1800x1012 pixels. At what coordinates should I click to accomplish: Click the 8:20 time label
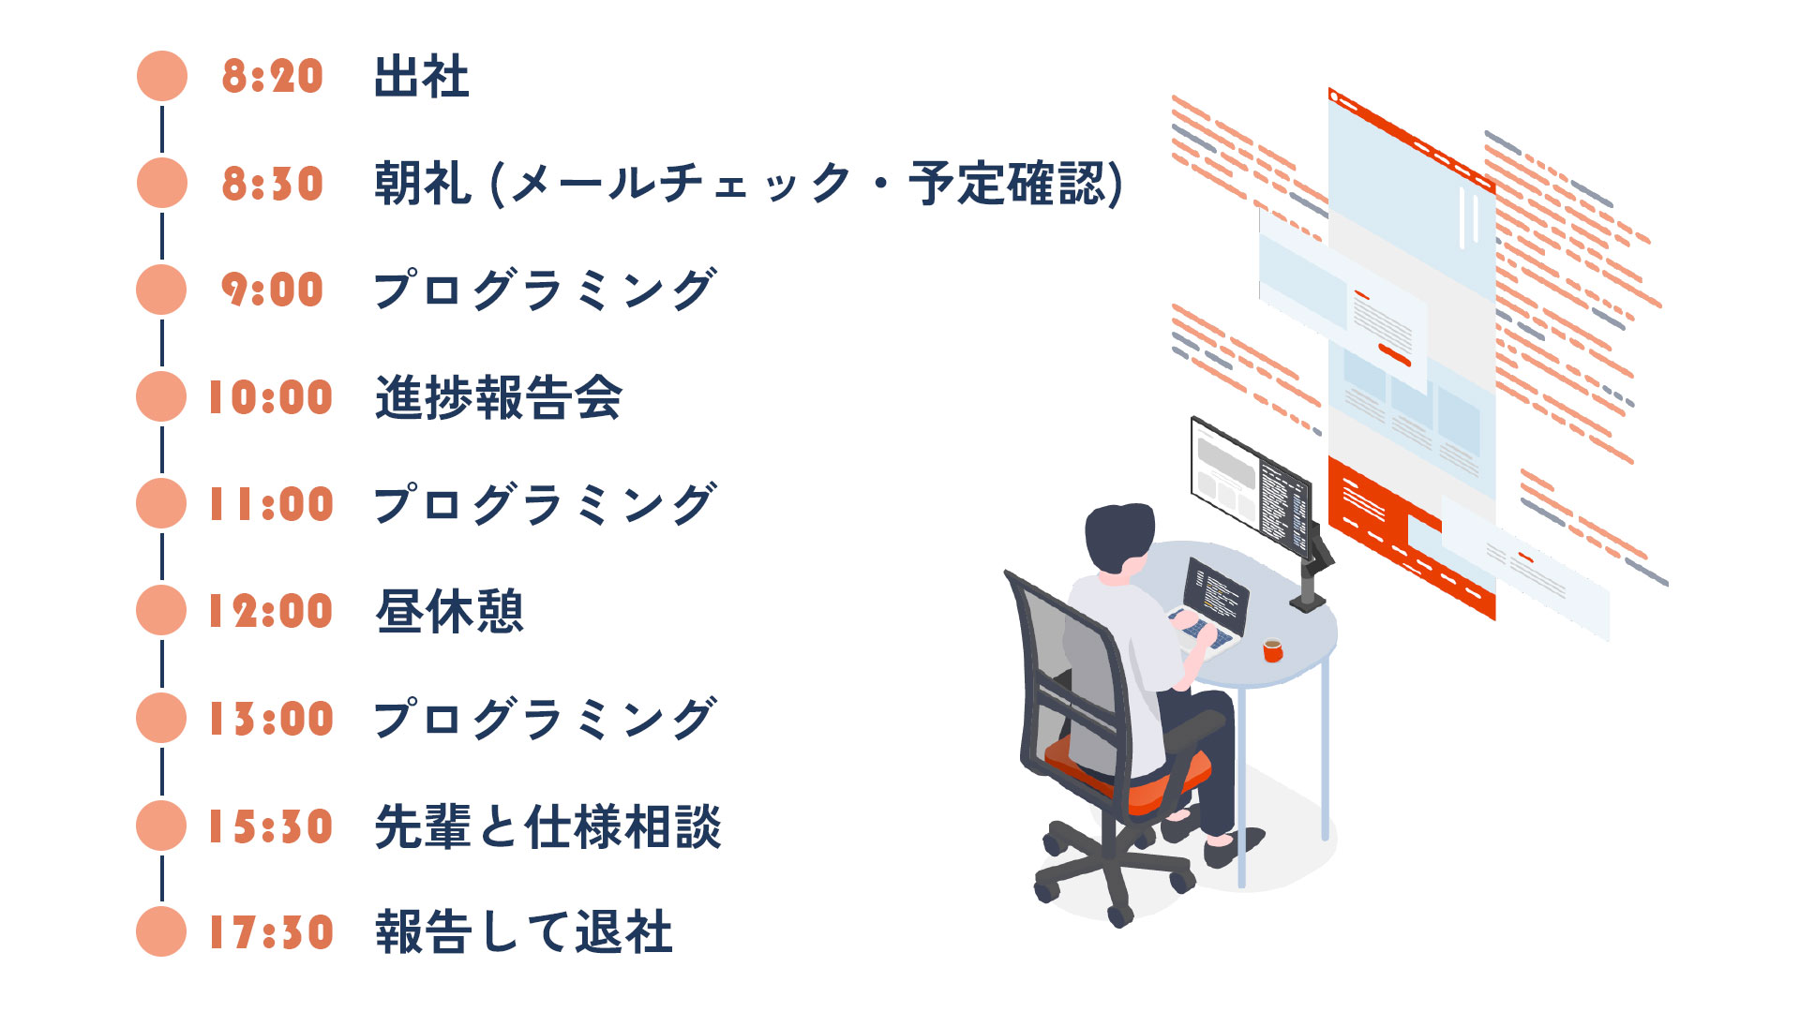coord(272,77)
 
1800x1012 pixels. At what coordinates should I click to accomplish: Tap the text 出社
coord(421,77)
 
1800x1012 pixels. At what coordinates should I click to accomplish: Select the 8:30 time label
coord(272,184)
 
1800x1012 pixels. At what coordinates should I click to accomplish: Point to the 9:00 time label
coord(272,290)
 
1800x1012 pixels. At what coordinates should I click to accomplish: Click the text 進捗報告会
coord(498,397)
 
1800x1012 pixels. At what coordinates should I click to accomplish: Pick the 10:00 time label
coord(270,397)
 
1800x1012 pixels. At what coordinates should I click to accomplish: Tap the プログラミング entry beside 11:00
coord(545,504)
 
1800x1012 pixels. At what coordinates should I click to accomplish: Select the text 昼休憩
coord(449,611)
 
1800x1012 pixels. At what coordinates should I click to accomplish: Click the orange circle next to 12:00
coord(161,610)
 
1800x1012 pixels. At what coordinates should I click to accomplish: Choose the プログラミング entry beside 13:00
coord(545,719)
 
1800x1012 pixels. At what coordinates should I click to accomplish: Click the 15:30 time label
coord(270,826)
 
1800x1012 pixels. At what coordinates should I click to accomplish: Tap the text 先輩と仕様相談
coord(547,826)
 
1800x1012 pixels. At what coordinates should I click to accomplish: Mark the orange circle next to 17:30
coord(161,931)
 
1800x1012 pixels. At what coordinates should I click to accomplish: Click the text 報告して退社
coord(523,932)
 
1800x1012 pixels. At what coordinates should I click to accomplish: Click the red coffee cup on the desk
coord(1272,649)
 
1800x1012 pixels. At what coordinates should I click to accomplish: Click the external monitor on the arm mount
coord(1250,484)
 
